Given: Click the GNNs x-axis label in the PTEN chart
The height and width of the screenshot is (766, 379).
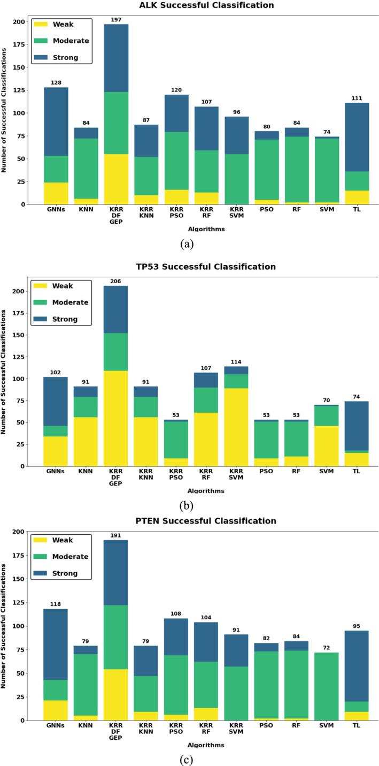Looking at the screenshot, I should pyautogui.click(x=56, y=729).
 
